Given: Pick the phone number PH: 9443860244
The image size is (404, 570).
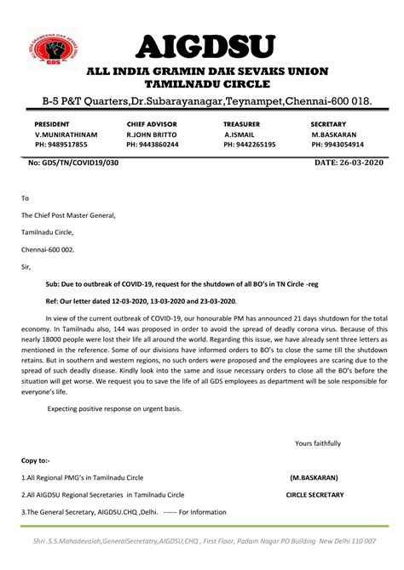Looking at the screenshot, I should (153, 145).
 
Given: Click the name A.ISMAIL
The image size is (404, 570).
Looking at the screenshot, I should (241, 134).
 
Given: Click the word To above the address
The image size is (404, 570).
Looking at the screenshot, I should (25, 197).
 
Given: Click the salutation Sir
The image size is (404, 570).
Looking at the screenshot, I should (26, 266).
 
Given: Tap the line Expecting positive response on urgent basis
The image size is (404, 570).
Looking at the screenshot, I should (114, 409).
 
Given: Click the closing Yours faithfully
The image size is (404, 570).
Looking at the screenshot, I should (317, 443).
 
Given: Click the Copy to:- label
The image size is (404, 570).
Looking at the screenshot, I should (36, 460).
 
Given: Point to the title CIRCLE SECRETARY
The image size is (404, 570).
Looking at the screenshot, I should (315, 494).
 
